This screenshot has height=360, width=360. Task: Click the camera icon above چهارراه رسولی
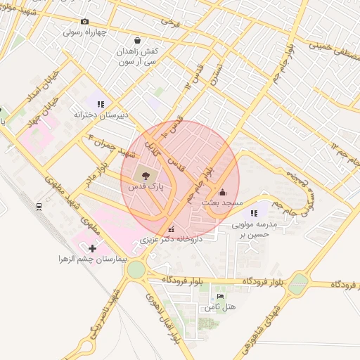tap(85, 22)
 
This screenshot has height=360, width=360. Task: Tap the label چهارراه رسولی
tap(85, 32)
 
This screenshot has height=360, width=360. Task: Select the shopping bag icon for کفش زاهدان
tap(136, 40)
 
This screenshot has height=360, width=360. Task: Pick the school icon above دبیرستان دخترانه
tap(101, 103)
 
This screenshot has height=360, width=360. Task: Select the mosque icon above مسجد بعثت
tap(223, 191)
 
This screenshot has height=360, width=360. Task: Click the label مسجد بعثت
tap(222, 202)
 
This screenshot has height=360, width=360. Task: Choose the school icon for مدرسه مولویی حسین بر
tap(255, 213)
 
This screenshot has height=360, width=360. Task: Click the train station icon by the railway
tap(39, 206)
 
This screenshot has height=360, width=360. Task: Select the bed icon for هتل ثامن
tap(221, 297)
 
